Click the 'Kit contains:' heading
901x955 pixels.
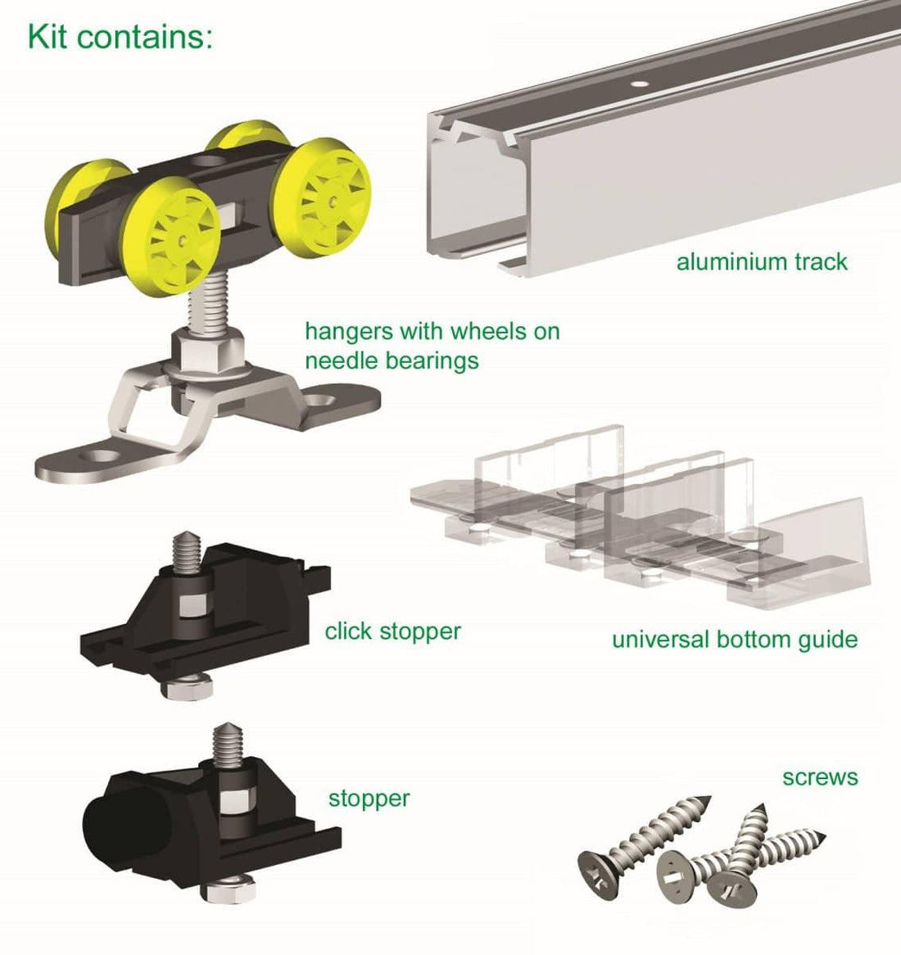coord(120,36)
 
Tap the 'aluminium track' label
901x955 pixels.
coord(762,262)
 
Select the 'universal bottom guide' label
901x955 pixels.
coord(735,639)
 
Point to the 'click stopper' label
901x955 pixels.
coord(392,631)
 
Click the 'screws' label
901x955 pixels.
coord(820,776)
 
